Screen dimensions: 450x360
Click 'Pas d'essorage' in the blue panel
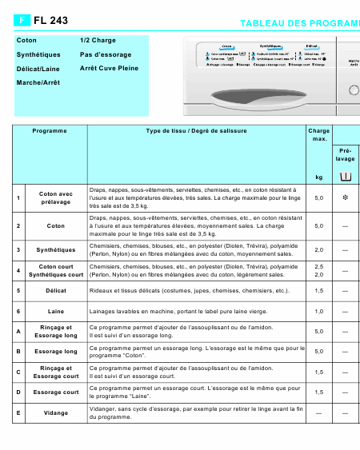(106, 54)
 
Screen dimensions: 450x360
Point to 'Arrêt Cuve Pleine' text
(109, 69)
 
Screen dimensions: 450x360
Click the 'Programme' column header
(50, 130)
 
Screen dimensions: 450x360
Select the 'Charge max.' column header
(318, 134)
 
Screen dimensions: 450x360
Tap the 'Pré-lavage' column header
(346, 154)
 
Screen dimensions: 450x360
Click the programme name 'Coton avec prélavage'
(56, 197)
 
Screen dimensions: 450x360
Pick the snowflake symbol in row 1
(345, 197)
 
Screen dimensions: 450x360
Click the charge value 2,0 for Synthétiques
(318, 249)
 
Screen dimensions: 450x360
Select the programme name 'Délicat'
(56, 291)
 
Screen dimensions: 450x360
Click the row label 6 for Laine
(18, 311)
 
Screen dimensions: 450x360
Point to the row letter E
(18, 412)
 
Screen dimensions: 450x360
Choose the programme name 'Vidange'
(56, 412)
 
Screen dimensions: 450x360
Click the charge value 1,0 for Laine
(318, 311)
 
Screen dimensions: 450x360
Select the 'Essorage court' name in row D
(56, 392)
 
